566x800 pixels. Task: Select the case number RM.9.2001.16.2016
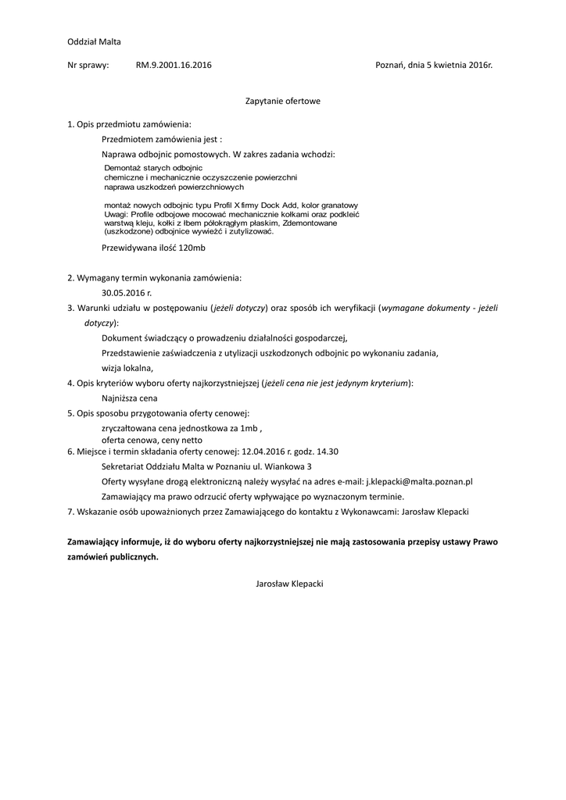173,66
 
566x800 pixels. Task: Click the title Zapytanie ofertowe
283,101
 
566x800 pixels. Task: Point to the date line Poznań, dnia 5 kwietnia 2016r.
434,66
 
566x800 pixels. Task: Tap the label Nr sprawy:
88,66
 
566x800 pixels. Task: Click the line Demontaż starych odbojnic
153,168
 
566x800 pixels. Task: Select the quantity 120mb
192,248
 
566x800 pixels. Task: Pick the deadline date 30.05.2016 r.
127,291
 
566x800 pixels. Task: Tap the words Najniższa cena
130,398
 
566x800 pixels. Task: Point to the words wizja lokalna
127,367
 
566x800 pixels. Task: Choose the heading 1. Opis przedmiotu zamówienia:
129,124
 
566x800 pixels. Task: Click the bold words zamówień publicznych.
113,557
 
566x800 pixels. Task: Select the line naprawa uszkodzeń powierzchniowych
174,187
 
